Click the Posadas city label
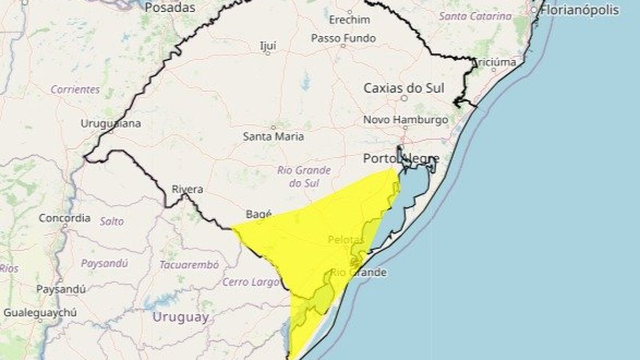tap(170, 7)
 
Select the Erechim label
tap(349, 20)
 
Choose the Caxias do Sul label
tap(404, 88)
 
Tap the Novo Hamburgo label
tap(405, 120)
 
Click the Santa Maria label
tap(274, 136)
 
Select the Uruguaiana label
tap(111, 124)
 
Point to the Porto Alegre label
tap(401, 158)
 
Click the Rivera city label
tap(187, 189)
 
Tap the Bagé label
tap(259, 214)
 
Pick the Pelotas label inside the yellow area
tap(346, 240)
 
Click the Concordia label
tap(65, 218)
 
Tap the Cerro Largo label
tap(251, 282)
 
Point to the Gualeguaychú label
tap(33, 313)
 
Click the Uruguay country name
tap(181, 317)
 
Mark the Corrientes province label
tap(75, 89)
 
